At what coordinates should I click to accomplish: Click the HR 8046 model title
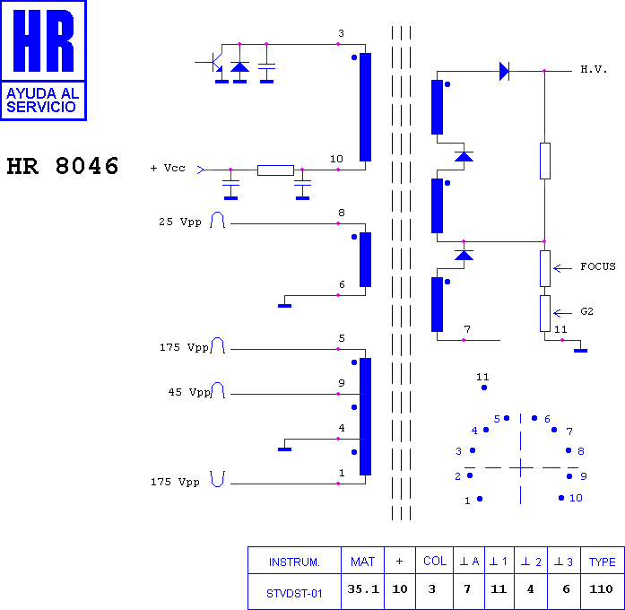[63, 166]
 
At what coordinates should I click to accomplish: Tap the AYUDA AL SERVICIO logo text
[43, 100]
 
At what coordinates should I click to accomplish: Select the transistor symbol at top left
[213, 62]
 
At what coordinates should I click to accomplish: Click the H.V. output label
[594, 69]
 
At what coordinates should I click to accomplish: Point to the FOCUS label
[598, 266]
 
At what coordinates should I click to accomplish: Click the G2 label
[586, 311]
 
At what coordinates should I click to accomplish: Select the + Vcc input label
[168, 168]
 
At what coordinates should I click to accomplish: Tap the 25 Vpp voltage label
[179, 222]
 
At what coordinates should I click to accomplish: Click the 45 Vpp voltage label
[189, 392]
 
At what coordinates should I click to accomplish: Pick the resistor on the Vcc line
[275, 170]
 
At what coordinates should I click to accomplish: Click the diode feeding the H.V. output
[504, 72]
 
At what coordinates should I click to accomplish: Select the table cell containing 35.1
[363, 589]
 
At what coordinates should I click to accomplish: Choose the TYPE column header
[602, 562]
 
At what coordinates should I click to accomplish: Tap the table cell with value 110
[601, 588]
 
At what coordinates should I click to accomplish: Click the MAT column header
[363, 562]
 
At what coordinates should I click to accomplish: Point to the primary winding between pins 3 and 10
[365, 108]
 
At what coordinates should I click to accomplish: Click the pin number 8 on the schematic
[342, 213]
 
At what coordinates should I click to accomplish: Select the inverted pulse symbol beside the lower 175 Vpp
[218, 479]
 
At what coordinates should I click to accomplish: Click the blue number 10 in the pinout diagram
[576, 498]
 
